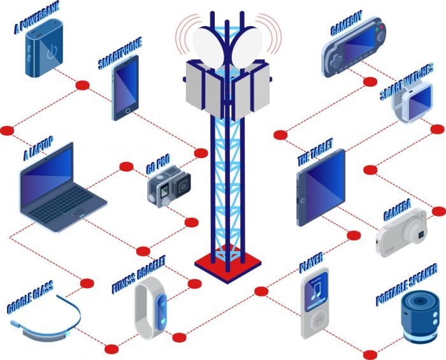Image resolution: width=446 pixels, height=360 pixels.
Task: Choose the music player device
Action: pos(315,303)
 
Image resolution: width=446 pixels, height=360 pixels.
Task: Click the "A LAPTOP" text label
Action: pos(39,148)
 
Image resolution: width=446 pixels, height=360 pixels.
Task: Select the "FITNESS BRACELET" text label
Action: pos(138,273)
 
